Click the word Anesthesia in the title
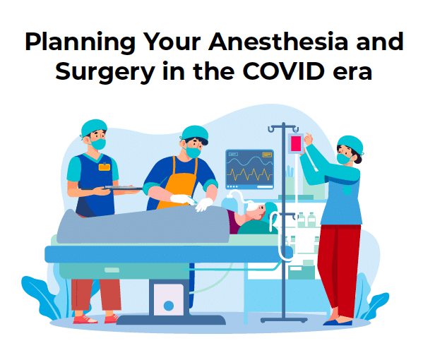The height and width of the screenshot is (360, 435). (x=278, y=42)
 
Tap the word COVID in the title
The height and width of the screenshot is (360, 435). (x=284, y=71)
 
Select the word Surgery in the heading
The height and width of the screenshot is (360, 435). (x=105, y=73)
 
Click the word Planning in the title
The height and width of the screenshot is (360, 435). (x=80, y=43)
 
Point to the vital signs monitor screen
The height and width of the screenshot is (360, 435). (x=250, y=169)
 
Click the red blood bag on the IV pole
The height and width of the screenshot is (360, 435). (x=296, y=143)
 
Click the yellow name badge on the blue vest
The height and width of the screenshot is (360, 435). (x=105, y=167)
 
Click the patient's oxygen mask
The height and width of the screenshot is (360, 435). (x=253, y=206)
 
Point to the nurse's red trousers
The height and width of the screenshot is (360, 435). (x=339, y=270)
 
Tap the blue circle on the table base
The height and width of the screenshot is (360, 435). (x=169, y=306)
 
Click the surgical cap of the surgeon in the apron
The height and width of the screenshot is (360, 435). (x=195, y=133)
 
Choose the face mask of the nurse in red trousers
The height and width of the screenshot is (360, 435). (x=344, y=159)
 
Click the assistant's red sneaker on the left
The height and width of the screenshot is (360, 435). (x=85, y=319)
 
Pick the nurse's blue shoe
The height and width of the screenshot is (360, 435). (x=338, y=323)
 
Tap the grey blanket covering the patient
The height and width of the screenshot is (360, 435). (x=143, y=226)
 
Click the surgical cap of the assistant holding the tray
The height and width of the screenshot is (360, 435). (x=94, y=127)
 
